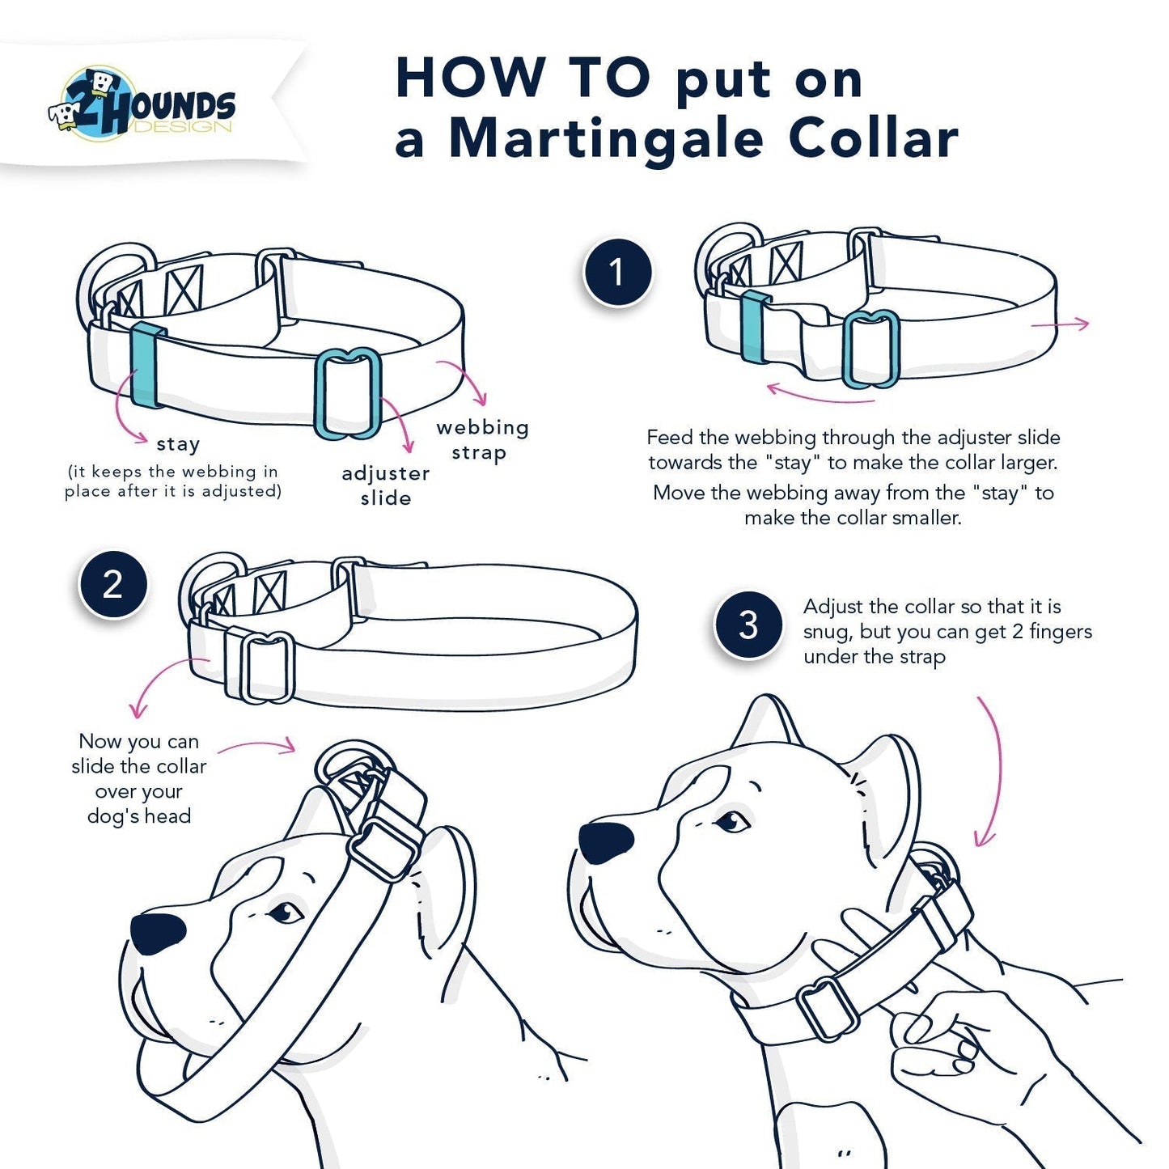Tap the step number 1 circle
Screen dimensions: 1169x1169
pos(617,273)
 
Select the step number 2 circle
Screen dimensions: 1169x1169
pos(113,585)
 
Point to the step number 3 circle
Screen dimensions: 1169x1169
pos(748,625)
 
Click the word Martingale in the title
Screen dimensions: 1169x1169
pos(605,139)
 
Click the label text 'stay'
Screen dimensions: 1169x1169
pos(178,444)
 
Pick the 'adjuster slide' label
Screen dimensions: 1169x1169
pos(385,485)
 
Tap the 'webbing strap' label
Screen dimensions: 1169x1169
pos(482,439)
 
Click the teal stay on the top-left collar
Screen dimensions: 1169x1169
pos(148,365)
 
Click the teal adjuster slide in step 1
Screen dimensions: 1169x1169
pos(870,348)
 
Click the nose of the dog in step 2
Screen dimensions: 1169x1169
pos(158,933)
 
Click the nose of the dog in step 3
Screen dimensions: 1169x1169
pos(606,842)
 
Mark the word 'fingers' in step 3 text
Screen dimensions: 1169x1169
pos(1060,632)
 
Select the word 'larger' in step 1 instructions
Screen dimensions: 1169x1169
pos(1025,463)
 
